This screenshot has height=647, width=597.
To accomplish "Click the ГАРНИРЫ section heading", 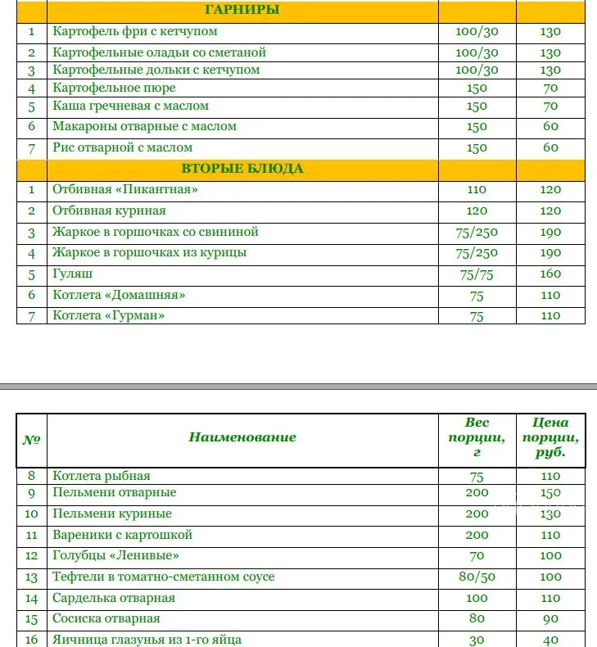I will pyautogui.click(x=242, y=11).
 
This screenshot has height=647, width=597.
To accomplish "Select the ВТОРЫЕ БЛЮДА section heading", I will pyautogui.click(x=242, y=170).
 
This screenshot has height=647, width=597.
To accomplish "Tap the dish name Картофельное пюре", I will pyautogui.click(x=114, y=88).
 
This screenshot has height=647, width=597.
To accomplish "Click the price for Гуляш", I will pyautogui.click(x=551, y=274).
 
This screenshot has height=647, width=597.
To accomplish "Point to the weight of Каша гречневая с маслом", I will pyautogui.click(x=477, y=106).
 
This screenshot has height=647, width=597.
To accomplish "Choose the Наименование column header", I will pyautogui.click(x=242, y=437).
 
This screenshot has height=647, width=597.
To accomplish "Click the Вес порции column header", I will pyautogui.click(x=477, y=437).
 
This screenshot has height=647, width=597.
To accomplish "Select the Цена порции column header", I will pyautogui.click(x=550, y=437).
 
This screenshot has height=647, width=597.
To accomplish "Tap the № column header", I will pyautogui.click(x=32, y=439).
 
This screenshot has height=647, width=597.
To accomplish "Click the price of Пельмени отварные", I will pyautogui.click(x=551, y=493).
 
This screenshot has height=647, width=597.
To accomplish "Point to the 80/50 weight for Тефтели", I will pyautogui.click(x=477, y=577).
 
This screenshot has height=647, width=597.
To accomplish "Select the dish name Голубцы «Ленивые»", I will pyautogui.click(x=115, y=556).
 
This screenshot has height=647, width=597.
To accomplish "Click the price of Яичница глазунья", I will pyautogui.click(x=551, y=640).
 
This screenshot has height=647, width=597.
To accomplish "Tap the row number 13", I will pyautogui.click(x=32, y=577).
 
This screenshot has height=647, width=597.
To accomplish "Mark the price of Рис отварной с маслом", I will pyautogui.click(x=551, y=148).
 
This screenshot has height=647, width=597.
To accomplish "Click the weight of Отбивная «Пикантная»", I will pyautogui.click(x=477, y=190).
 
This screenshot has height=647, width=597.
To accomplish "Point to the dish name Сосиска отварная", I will pyautogui.click(x=106, y=618).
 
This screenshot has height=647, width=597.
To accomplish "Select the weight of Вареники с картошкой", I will pyautogui.click(x=477, y=536).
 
